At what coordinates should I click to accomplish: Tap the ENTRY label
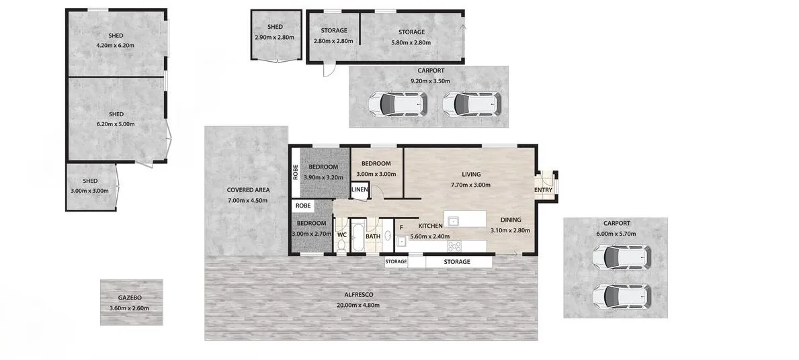click(543, 191)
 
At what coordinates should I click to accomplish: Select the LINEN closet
click(360, 190)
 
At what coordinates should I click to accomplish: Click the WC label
click(342, 235)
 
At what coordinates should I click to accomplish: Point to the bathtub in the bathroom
click(358, 235)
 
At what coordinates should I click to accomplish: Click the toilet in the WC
click(341, 245)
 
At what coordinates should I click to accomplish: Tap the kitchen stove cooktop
click(454, 246)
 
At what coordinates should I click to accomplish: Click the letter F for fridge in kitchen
click(401, 227)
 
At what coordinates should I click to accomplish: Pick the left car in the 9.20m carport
click(397, 104)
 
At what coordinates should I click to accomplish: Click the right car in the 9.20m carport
click(472, 104)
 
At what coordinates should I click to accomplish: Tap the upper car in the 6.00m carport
click(622, 257)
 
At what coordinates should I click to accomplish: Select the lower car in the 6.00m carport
click(622, 296)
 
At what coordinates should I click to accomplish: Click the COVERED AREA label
click(248, 190)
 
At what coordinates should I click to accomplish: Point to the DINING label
click(511, 220)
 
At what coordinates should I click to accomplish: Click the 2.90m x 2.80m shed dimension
click(275, 37)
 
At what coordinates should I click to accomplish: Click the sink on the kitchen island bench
click(453, 220)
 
